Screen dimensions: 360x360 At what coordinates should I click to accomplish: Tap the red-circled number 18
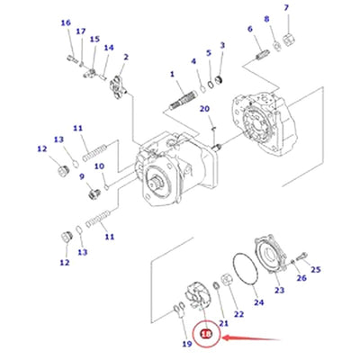pyautogui.click(x=206, y=335)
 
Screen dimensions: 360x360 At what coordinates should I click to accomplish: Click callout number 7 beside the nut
pyautogui.click(x=286, y=9)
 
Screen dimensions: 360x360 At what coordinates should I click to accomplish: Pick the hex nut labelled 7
pyautogui.click(x=285, y=39)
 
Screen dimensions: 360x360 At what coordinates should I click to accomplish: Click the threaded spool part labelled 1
pyautogui.click(x=185, y=94)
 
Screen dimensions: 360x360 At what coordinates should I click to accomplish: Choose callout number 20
pyautogui.click(x=205, y=109)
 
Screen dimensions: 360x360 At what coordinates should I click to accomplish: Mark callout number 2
pyautogui.click(x=126, y=58)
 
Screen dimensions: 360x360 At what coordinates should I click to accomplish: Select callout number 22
pyautogui.click(x=238, y=313)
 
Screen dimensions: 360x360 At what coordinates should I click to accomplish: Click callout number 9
pyautogui.click(x=81, y=177)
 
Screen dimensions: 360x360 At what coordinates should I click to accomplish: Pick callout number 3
pyautogui.click(x=222, y=43)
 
